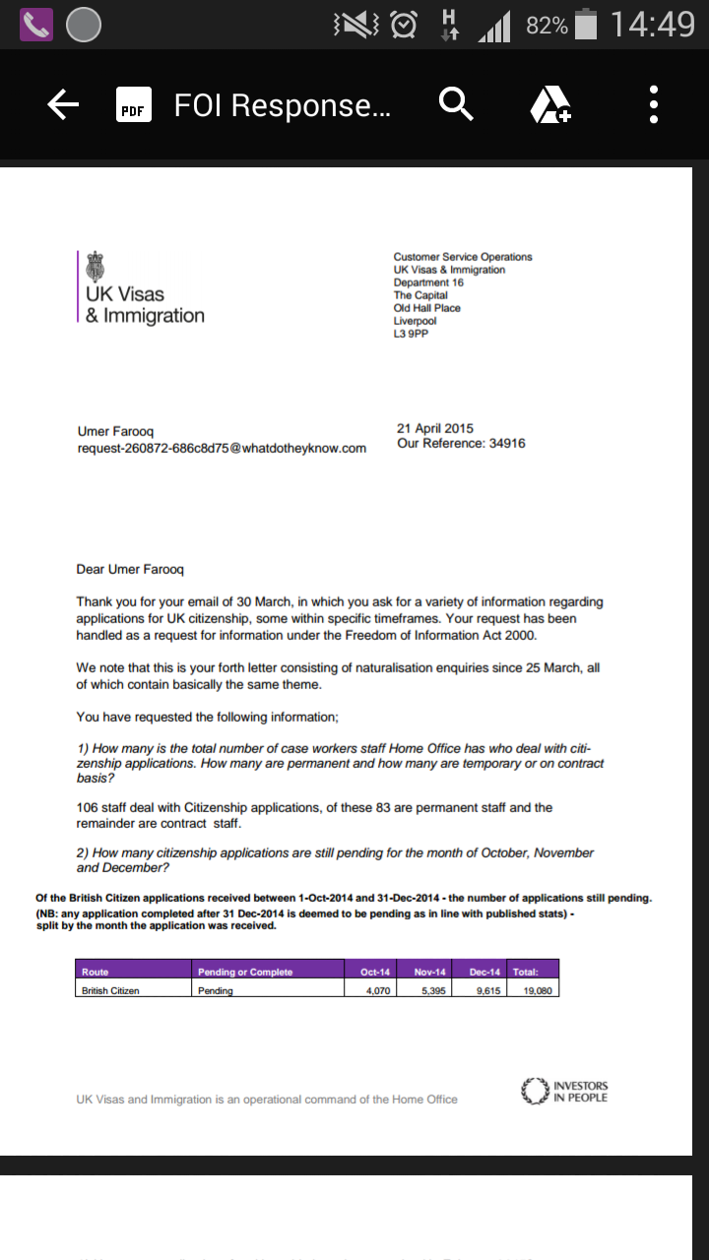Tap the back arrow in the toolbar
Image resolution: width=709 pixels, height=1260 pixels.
click(63, 104)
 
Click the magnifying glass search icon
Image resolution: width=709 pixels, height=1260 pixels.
click(456, 104)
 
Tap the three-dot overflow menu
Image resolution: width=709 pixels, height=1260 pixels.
click(653, 104)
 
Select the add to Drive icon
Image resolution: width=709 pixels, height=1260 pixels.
click(550, 104)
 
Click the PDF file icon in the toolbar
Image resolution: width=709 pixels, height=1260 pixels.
click(132, 105)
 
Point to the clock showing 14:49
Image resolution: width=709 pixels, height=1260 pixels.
click(652, 25)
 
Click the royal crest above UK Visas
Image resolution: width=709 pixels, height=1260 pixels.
click(96, 267)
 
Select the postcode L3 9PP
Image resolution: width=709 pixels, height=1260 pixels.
click(412, 334)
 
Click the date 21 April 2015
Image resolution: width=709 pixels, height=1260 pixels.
click(435, 429)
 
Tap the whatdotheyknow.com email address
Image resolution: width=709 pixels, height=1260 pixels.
click(222, 449)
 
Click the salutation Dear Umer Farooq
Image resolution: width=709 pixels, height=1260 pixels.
click(130, 570)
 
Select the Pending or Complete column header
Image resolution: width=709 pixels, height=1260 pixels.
click(245, 972)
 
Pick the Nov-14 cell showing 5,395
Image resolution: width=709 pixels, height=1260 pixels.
click(433, 990)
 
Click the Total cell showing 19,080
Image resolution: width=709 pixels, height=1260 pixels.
click(535, 990)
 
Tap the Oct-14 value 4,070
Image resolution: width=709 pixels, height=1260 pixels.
click(376, 990)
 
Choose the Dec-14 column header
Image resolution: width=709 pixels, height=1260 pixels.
click(484, 972)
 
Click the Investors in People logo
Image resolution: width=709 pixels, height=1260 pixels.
click(564, 1092)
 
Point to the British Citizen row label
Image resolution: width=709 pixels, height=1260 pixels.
click(110, 990)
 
